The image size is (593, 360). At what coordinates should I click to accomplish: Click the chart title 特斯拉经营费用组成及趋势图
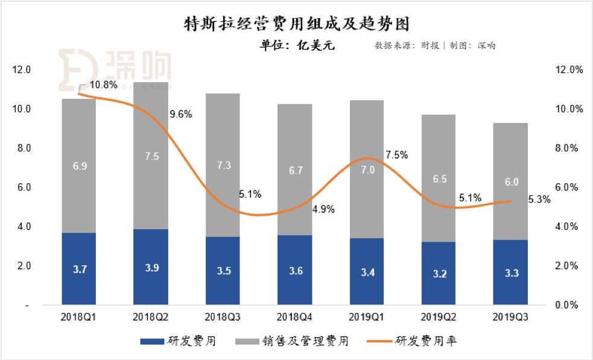296,24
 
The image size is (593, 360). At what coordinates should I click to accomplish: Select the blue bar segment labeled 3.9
151,267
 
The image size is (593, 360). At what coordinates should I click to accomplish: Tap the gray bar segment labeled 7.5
151,156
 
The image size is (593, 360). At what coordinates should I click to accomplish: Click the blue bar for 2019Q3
510,272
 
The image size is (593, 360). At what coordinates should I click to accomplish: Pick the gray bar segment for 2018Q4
295,170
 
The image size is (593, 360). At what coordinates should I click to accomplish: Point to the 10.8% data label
103,85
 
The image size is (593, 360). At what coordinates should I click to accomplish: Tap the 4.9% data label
323,209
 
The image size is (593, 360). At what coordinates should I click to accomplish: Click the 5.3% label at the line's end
538,200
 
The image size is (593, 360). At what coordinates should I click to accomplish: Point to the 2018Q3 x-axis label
223,317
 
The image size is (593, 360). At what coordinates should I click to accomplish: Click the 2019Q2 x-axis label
439,317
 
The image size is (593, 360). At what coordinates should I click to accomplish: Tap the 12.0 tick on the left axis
21,70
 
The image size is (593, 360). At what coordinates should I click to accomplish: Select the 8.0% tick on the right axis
568,148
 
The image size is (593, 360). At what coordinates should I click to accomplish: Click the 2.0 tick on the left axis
23,266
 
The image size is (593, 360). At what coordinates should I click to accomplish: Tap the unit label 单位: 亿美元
296,45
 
